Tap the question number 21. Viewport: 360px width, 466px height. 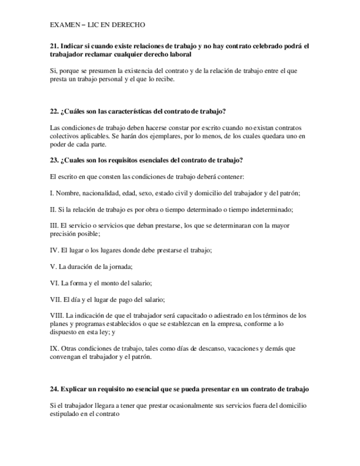pos(53,47)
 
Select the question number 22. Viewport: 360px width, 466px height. pos(53,112)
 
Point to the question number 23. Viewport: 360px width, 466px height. pos(53,160)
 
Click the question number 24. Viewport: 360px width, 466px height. pos(53,389)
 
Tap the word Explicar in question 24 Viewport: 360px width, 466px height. pos(73,389)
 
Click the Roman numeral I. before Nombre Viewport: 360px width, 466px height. pos(51,193)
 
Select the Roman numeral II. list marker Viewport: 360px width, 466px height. pos(52,209)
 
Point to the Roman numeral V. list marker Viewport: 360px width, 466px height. pos(53,267)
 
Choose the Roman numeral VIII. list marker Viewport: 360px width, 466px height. pos(56,315)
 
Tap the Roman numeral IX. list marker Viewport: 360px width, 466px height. pos(54,348)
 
